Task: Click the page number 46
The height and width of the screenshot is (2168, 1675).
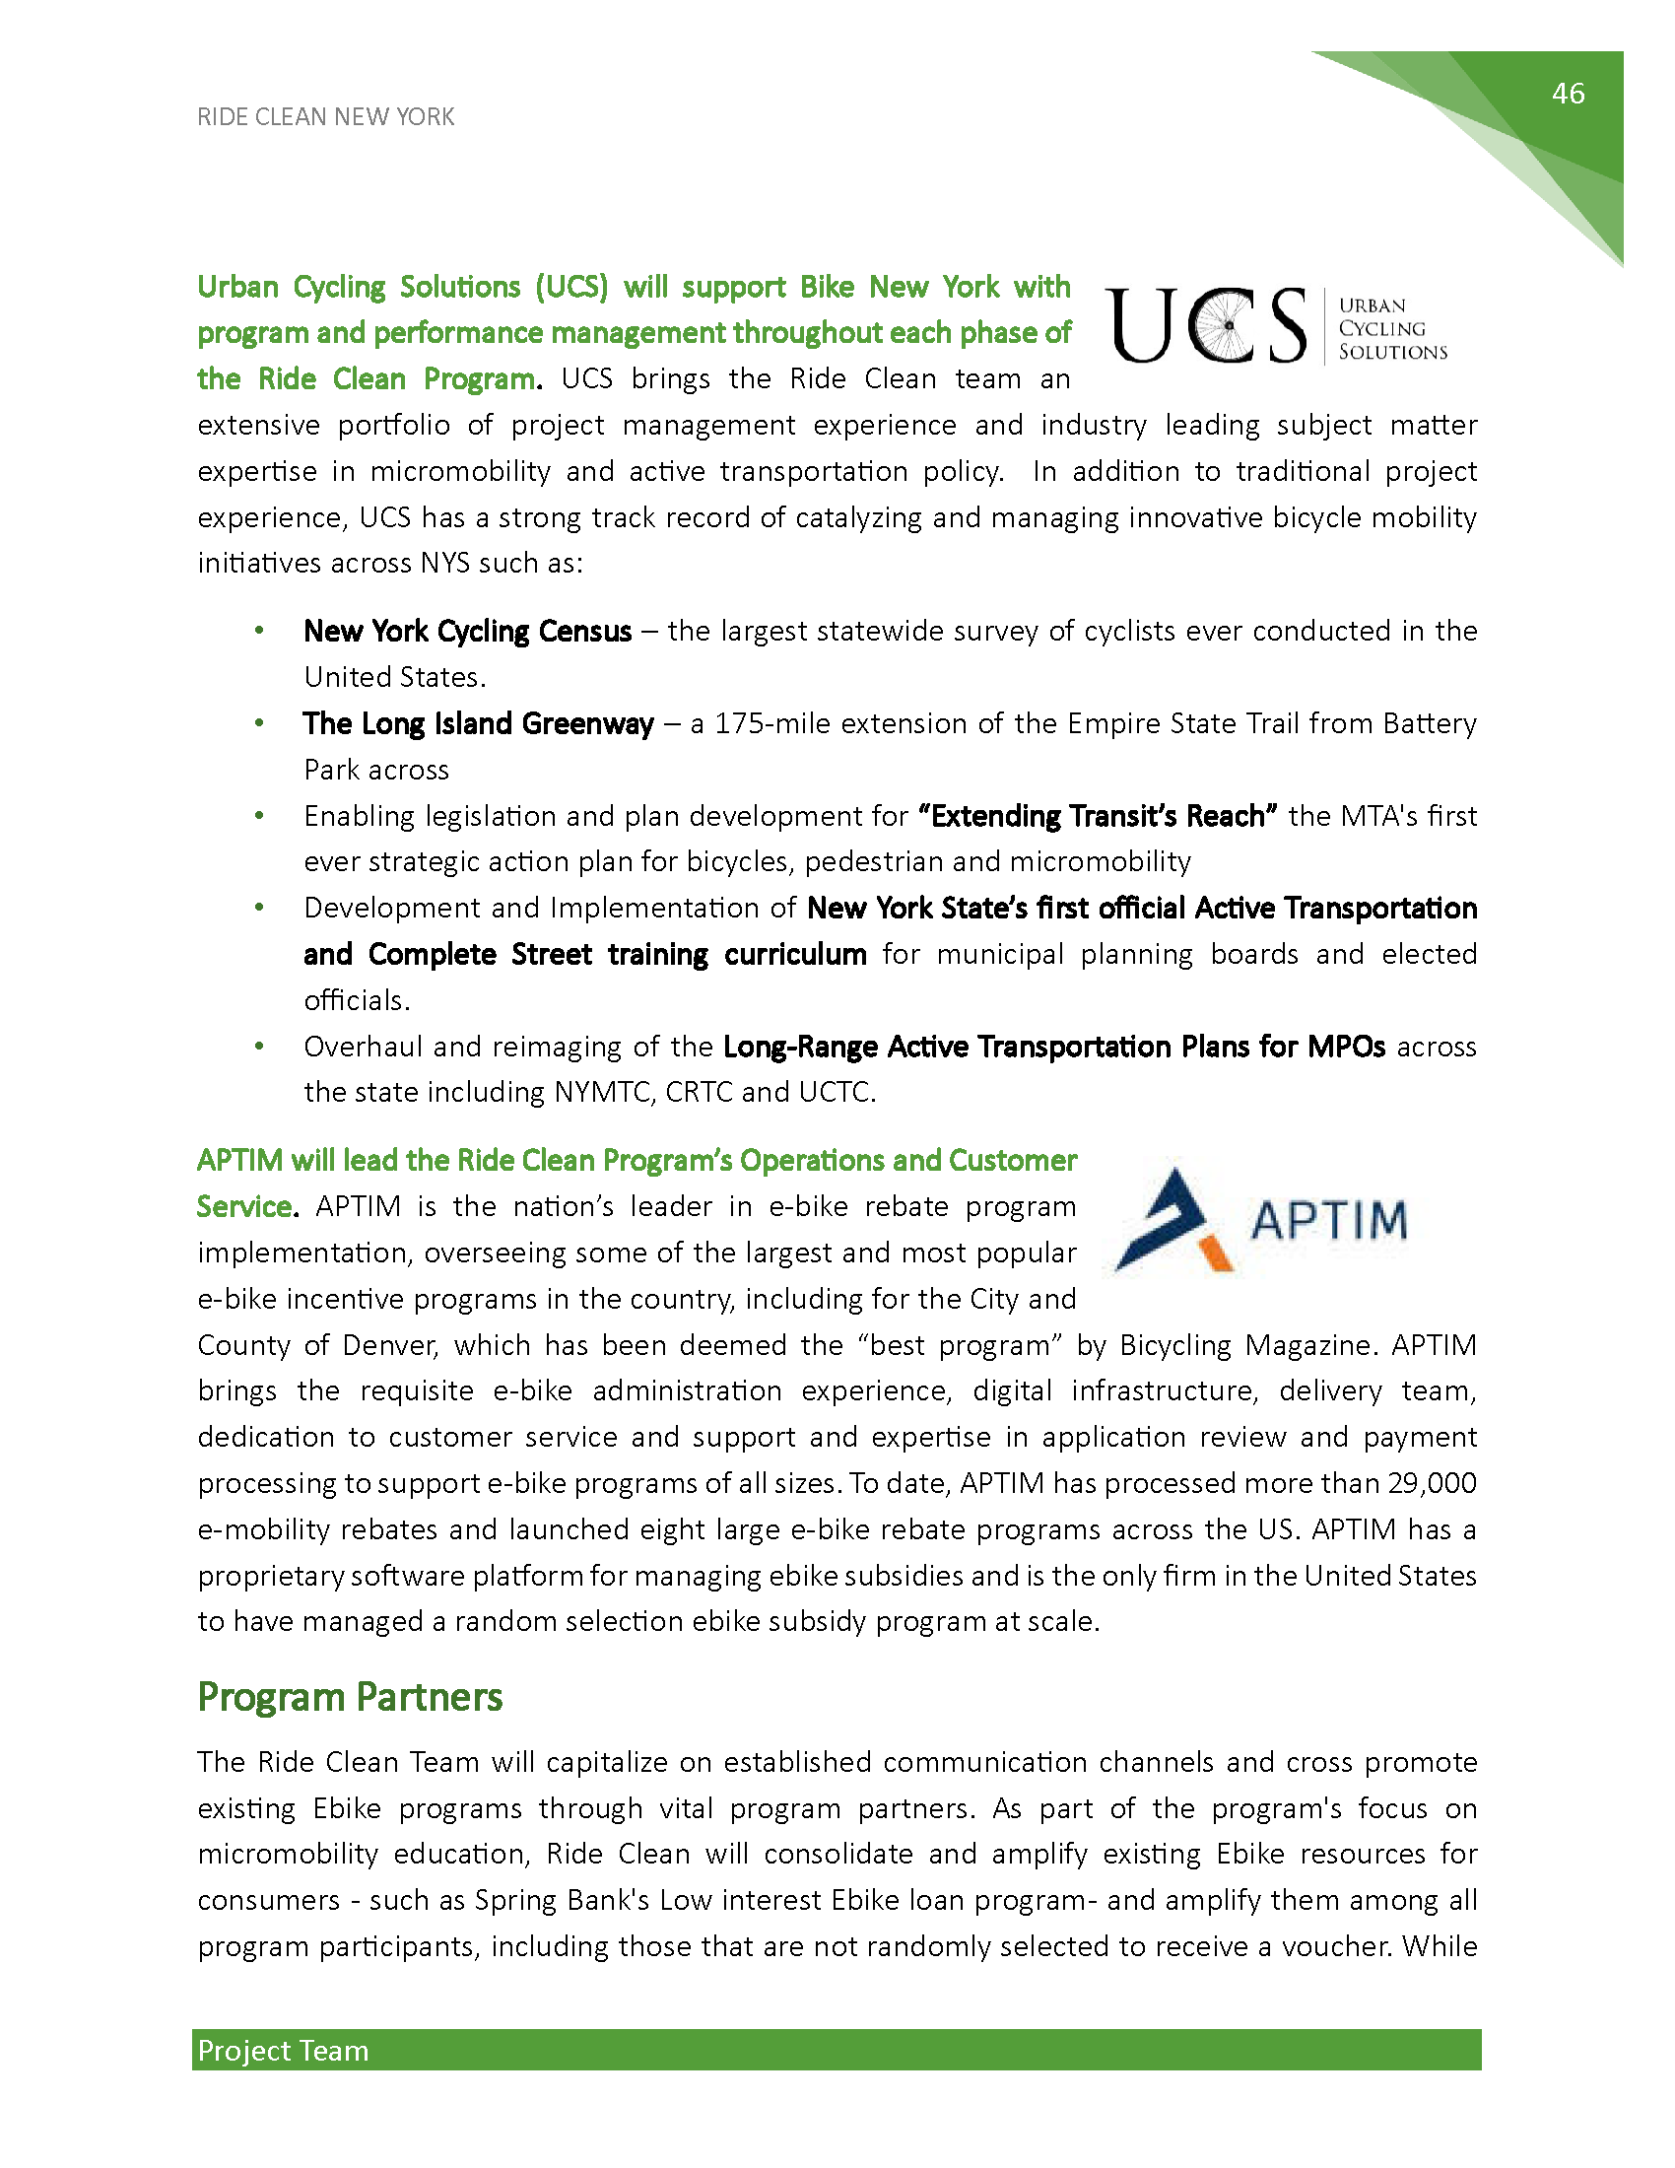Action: point(1568,94)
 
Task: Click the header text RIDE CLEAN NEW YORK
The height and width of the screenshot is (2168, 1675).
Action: point(325,117)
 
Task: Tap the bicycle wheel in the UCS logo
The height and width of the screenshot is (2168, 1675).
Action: point(1228,325)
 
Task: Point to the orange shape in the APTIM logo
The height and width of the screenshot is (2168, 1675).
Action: point(1218,1253)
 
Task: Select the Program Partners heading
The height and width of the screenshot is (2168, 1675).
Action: point(350,1698)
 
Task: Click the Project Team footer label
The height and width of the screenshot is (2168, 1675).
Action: point(283,2050)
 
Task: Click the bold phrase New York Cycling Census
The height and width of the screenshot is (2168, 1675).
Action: point(467,632)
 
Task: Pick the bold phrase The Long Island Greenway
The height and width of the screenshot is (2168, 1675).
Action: point(478,723)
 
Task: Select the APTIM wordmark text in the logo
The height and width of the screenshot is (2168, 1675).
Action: point(1329,1220)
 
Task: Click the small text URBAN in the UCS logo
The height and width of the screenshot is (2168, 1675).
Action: point(1373,305)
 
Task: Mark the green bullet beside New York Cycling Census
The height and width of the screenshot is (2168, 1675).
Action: point(259,631)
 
